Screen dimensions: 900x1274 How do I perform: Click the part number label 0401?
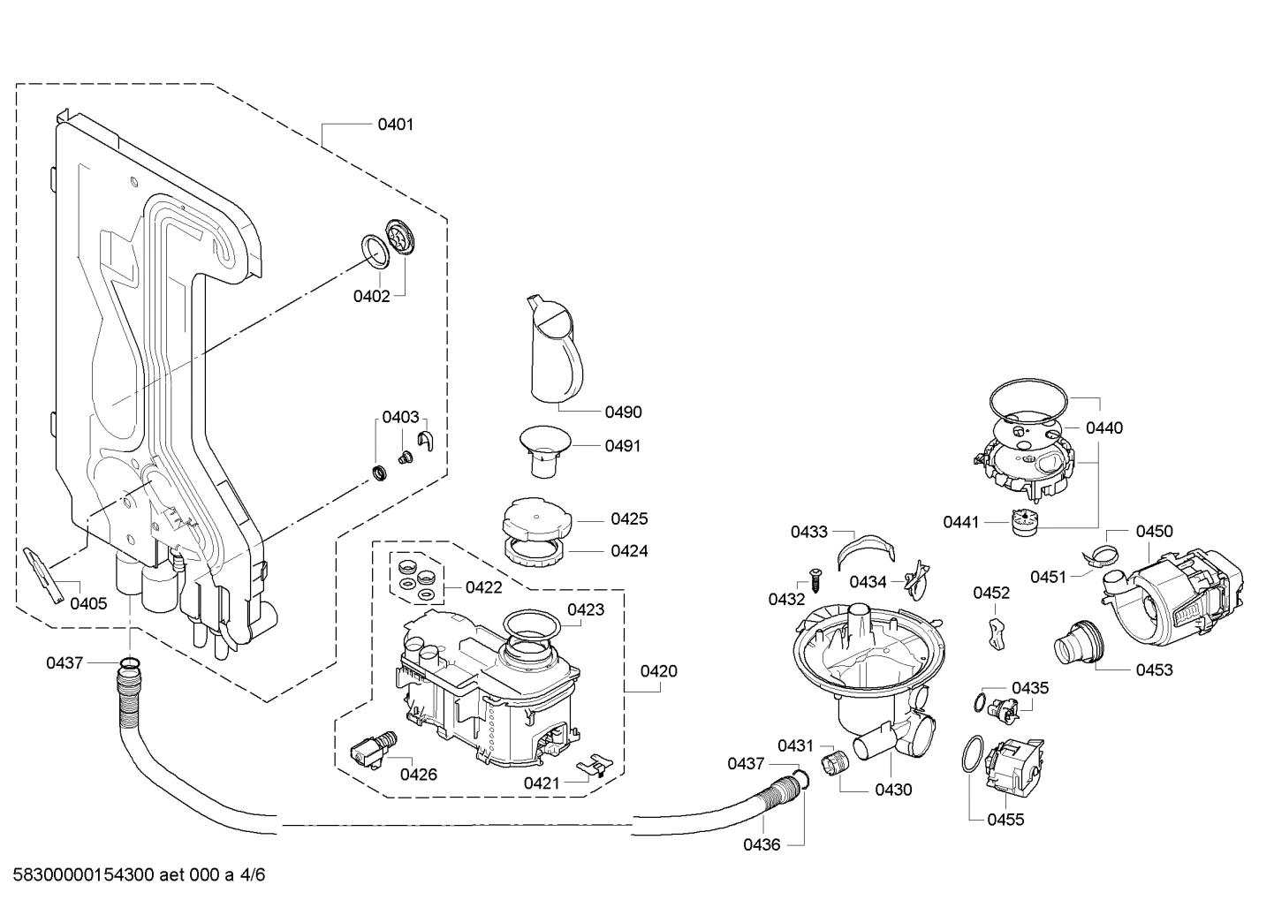click(x=395, y=125)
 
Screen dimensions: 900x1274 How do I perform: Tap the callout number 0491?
click(x=623, y=446)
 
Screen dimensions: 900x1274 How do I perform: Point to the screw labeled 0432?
click(x=815, y=582)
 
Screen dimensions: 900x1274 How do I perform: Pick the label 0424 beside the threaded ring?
click(x=629, y=551)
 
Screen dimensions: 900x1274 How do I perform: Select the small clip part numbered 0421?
click(x=595, y=764)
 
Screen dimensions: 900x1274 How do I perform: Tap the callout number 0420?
click(x=658, y=671)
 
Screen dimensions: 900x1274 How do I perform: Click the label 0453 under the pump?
click(x=1154, y=669)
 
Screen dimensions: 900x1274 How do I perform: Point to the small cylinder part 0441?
click(x=1023, y=522)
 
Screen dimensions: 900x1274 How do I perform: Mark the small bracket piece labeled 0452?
click(x=997, y=632)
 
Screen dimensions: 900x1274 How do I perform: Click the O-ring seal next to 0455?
click(x=972, y=757)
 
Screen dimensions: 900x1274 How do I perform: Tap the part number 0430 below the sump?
click(x=893, y=790)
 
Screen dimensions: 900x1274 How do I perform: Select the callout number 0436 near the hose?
click(x=761, y=844)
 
